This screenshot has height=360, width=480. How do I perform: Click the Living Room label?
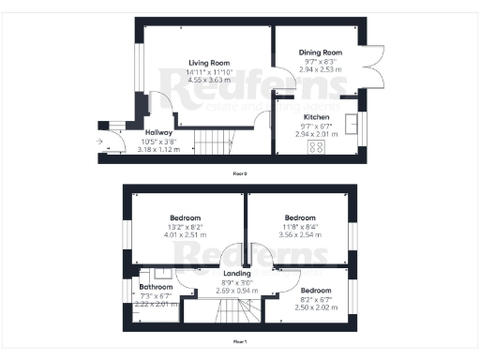coord(209,61)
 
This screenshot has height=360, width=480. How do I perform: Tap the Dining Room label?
coord(321,53)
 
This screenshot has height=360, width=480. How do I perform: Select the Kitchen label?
coord(315,117)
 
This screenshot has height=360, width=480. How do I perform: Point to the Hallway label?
coord(157,132)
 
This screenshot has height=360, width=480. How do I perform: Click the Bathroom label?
coord(157,288)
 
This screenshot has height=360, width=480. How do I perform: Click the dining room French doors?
coord(375,70)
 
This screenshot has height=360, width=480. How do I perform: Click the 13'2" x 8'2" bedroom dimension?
coord(186,227)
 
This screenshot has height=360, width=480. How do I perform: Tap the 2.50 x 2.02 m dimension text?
coord(316,307)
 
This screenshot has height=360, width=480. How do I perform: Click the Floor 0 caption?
coord(240,173)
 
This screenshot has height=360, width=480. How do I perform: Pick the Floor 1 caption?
coord(240,343)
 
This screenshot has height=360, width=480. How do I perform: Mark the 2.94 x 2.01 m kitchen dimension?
coord(315,134)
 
